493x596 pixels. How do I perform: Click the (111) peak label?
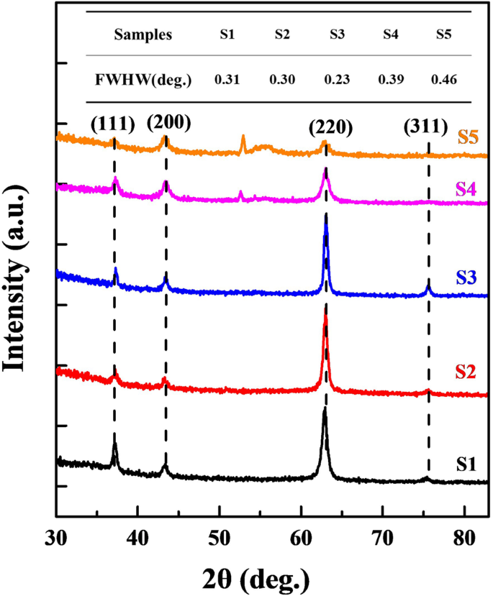click(x=113, y=124)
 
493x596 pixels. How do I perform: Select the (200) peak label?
click(x=168, y=122)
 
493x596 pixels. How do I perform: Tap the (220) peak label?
click(x=330, y=127)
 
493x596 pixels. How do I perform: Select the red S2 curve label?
click(x=467, y=372)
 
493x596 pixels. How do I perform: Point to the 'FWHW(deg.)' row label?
click(x=143, y=79)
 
